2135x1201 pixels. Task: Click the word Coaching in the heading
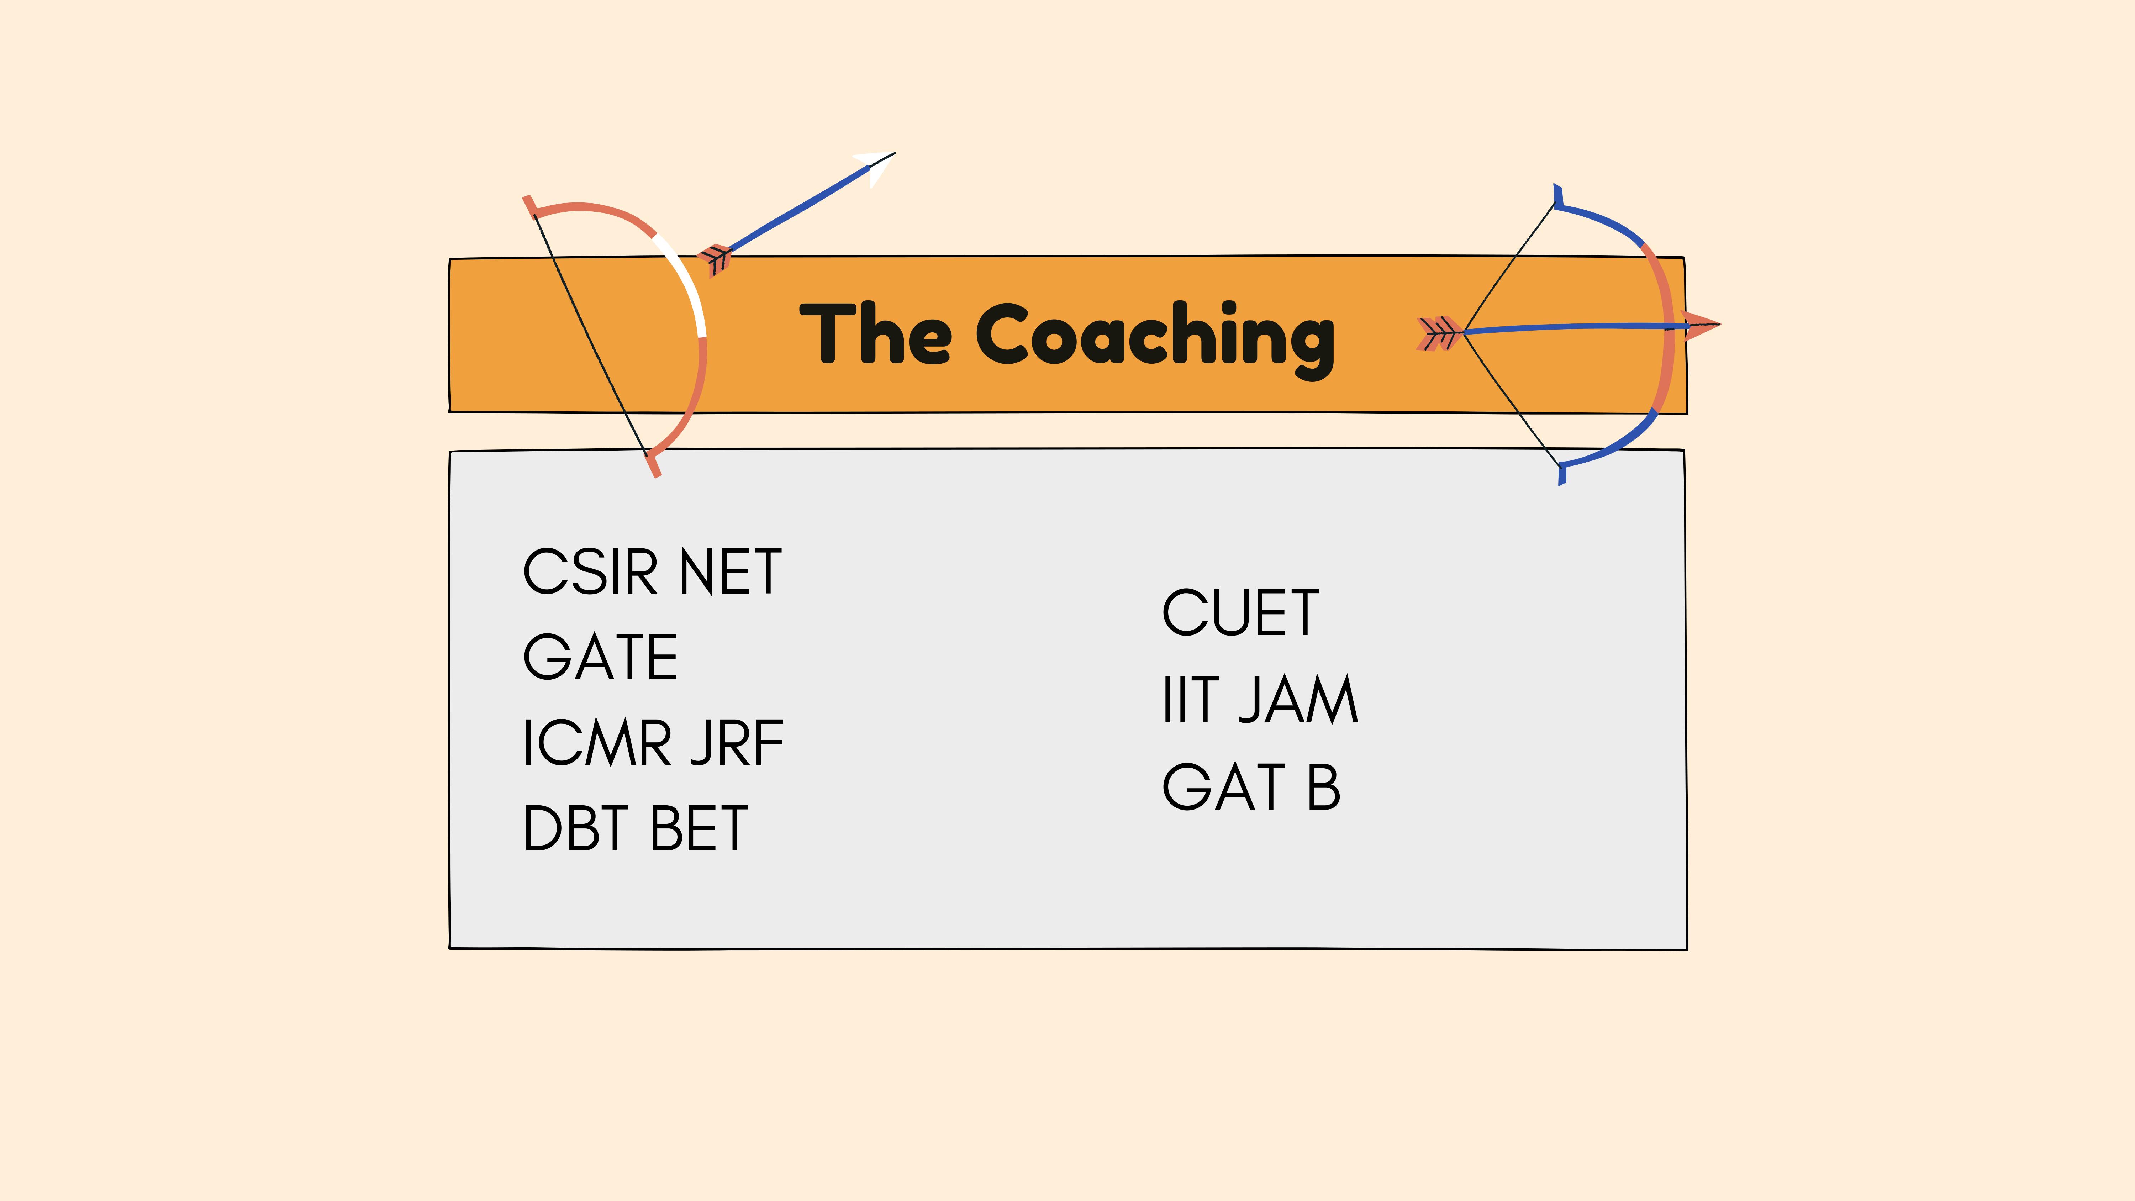pos(1155,336)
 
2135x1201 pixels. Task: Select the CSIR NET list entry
pos(652,572)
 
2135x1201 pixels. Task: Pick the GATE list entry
pos(600,657)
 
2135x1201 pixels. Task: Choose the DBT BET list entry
pos(635,828)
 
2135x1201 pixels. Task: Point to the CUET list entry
pos(1240,613)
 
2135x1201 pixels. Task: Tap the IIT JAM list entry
pos(1260,700)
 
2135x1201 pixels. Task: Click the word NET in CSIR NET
pos(729,572)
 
